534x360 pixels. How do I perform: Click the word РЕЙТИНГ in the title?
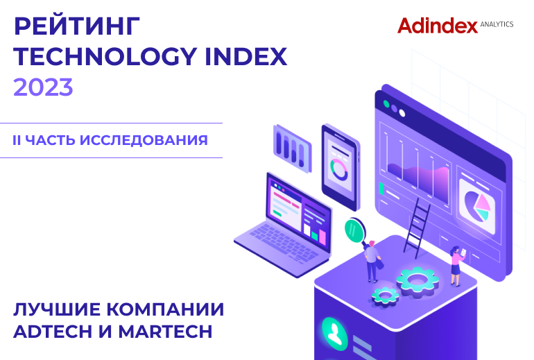[x=76, y=26]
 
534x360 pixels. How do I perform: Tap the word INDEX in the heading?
[x=246, y=57]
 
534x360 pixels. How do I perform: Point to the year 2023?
[x=43, y=87]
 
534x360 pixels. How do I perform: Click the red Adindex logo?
[x=438, y=26]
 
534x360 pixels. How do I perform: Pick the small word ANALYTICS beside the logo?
[x=497, y=24]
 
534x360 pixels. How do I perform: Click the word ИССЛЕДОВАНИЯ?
[x=144, y=140]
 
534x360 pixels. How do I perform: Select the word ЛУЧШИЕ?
[x=57, y=309]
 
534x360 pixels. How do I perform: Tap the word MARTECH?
[x=165, y=332]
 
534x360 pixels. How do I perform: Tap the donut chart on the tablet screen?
[x=339, y=169]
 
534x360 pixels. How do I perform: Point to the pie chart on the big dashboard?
[x=477, y=205]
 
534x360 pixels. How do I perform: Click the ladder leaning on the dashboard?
[x=417, y=227]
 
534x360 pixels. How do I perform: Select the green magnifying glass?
[x=356, y=232]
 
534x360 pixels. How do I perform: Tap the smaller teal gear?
[x=385, y=295]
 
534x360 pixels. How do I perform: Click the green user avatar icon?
[x=335, y=334]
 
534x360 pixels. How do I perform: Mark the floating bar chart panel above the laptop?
[x=292, y=148]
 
